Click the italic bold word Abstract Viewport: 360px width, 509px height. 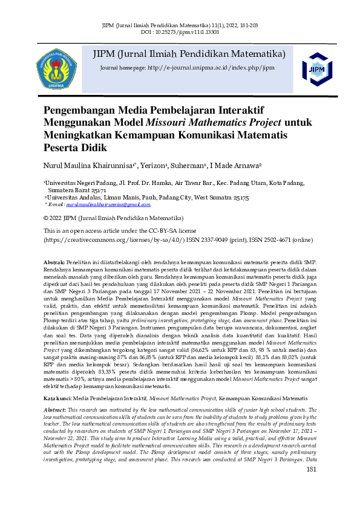pyautogui.click(x=55, y=393)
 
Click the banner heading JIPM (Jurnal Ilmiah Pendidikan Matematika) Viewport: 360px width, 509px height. pyautogui.click(x=188, y=54)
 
